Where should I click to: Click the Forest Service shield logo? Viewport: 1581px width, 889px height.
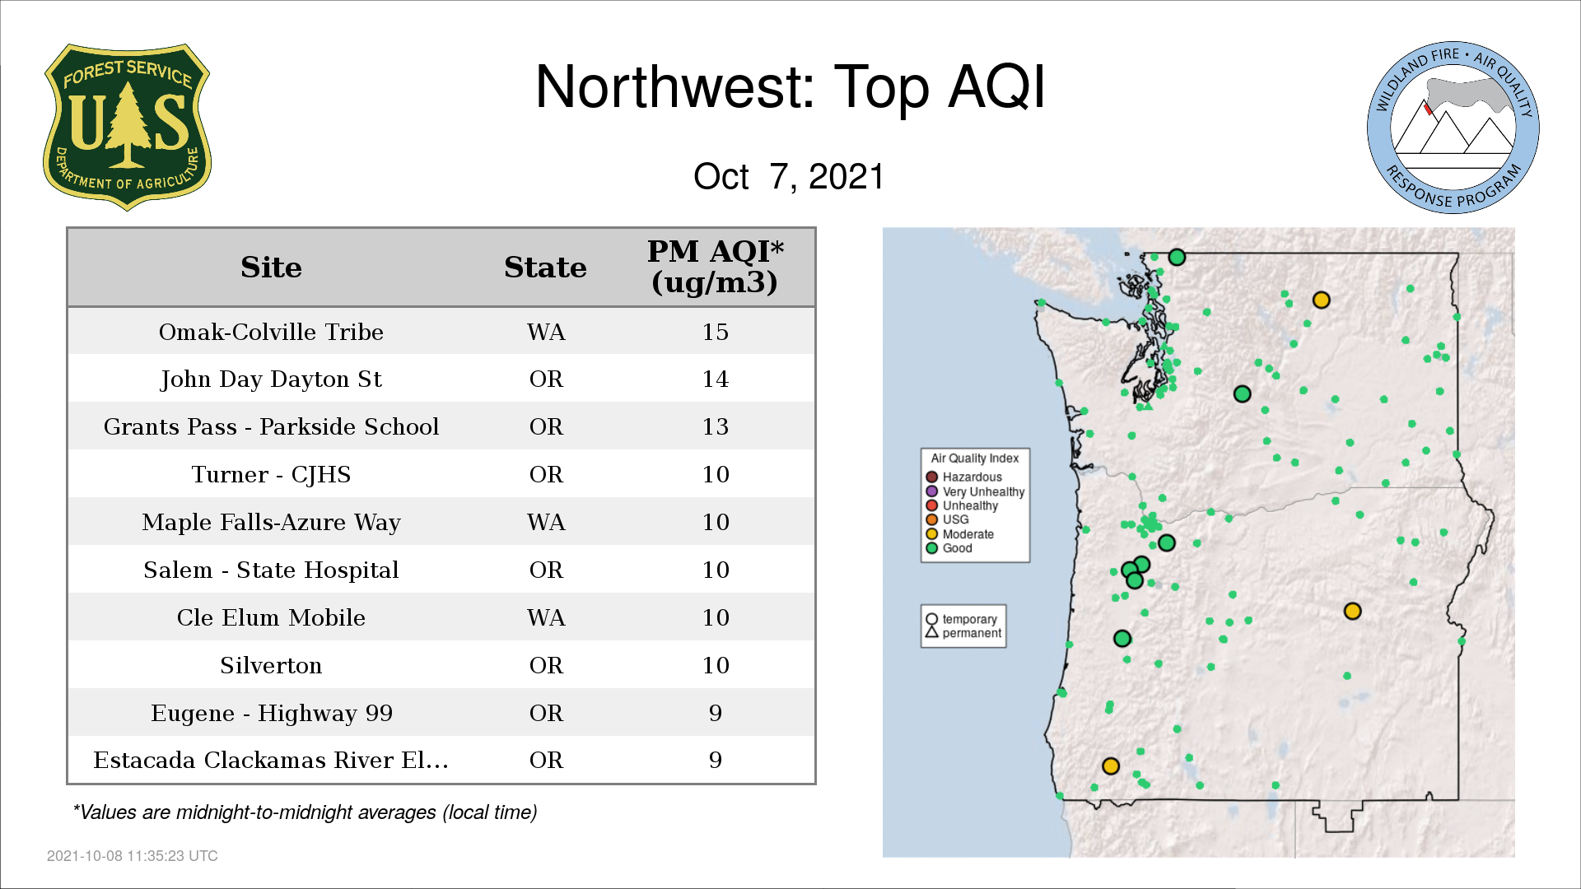tap(127, 127)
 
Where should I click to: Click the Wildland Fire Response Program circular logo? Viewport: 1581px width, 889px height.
tap(1453, 128)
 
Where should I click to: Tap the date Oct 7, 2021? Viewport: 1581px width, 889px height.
tap(789, 176)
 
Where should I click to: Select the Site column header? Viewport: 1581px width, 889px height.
tap(271, 268)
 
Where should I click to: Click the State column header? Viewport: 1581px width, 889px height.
tap(545, 268)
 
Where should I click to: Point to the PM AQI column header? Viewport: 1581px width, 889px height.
tap(715, 267)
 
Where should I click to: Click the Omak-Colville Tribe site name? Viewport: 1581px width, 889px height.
tap(271, 332)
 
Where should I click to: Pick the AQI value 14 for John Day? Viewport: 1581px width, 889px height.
tap(715, 379)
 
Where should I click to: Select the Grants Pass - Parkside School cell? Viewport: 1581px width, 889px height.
tap(271, 426)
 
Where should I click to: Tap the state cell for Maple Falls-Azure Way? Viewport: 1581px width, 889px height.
tap(546, 522)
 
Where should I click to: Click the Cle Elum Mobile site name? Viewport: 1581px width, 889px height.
tap(271, 617)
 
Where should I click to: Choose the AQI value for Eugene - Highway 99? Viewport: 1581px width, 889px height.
tap(715, 713)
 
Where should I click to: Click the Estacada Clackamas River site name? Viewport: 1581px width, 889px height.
tap(271, 760)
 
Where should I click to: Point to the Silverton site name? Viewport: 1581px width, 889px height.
tap(271, 665)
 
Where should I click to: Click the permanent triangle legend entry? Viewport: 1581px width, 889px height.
tap(963, 633)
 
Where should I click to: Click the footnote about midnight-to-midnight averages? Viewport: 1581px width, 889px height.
tap(305, 812)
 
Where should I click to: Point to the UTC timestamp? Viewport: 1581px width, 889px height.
tap(133, 856)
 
